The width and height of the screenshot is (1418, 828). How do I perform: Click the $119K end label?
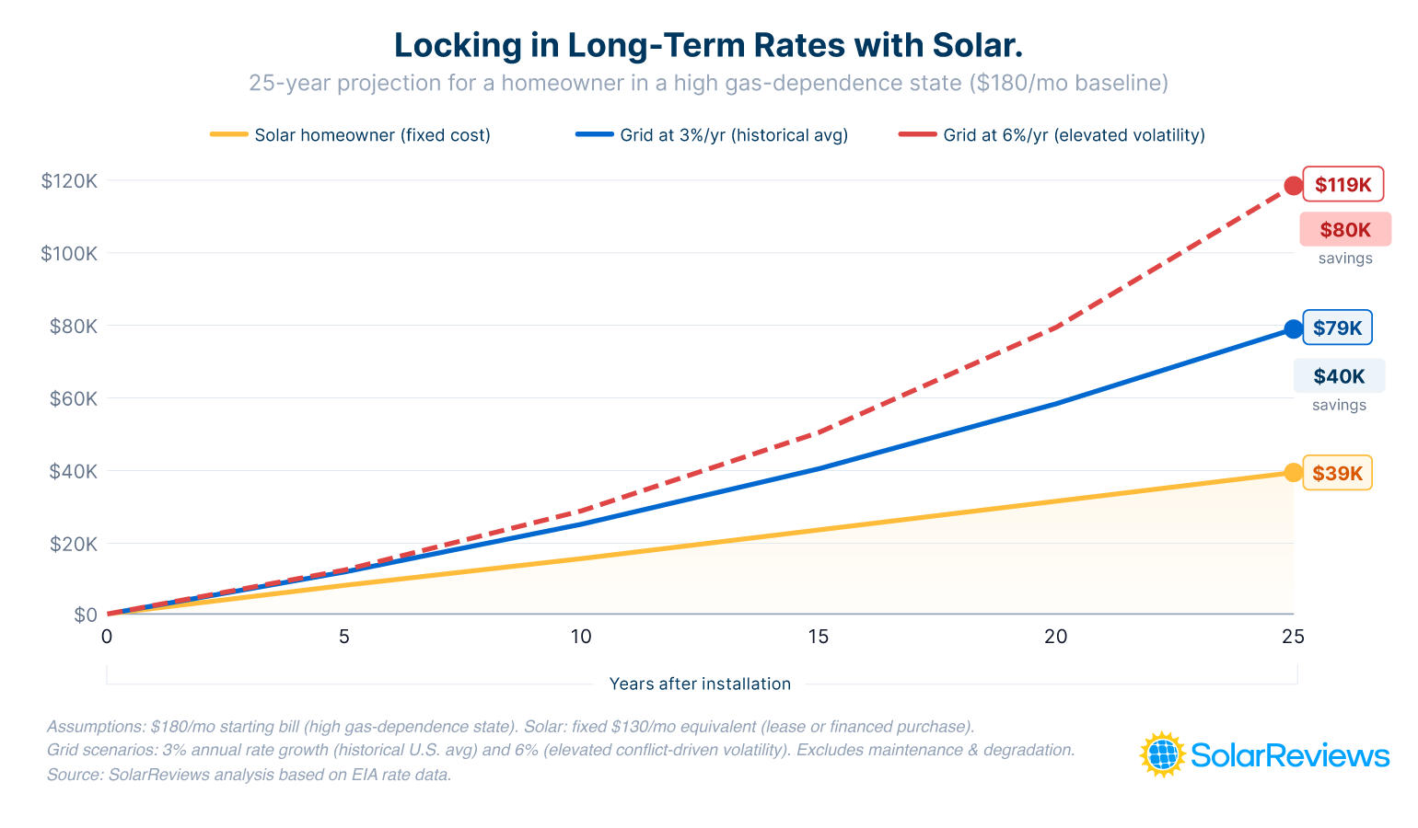1342,185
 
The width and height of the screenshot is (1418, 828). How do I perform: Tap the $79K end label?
1337,328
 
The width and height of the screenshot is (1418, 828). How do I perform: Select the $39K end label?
1337,473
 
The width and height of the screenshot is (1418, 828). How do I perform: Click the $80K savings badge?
1344,230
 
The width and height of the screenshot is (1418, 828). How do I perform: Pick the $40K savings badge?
1339,376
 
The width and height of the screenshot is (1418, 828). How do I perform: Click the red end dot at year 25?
1293,186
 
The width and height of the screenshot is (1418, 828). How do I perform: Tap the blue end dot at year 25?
1293,329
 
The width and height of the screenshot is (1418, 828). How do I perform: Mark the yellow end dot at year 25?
1293,473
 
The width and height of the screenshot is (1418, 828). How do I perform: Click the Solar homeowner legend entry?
351,135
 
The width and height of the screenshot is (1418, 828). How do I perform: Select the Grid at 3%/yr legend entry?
712,135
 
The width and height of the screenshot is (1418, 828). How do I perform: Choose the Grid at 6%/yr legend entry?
1052,135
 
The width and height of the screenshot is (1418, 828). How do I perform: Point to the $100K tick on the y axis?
68,254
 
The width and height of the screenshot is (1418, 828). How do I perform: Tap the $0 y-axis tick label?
85,615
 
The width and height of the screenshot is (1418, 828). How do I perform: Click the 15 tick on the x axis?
818,637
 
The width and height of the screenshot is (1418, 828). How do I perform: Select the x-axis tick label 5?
343,637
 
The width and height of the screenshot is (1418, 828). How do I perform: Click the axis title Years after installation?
700,684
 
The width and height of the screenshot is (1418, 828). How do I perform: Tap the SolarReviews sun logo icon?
1163,755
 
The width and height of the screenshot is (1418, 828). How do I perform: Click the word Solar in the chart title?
975,45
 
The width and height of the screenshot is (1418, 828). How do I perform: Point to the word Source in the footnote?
73,775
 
